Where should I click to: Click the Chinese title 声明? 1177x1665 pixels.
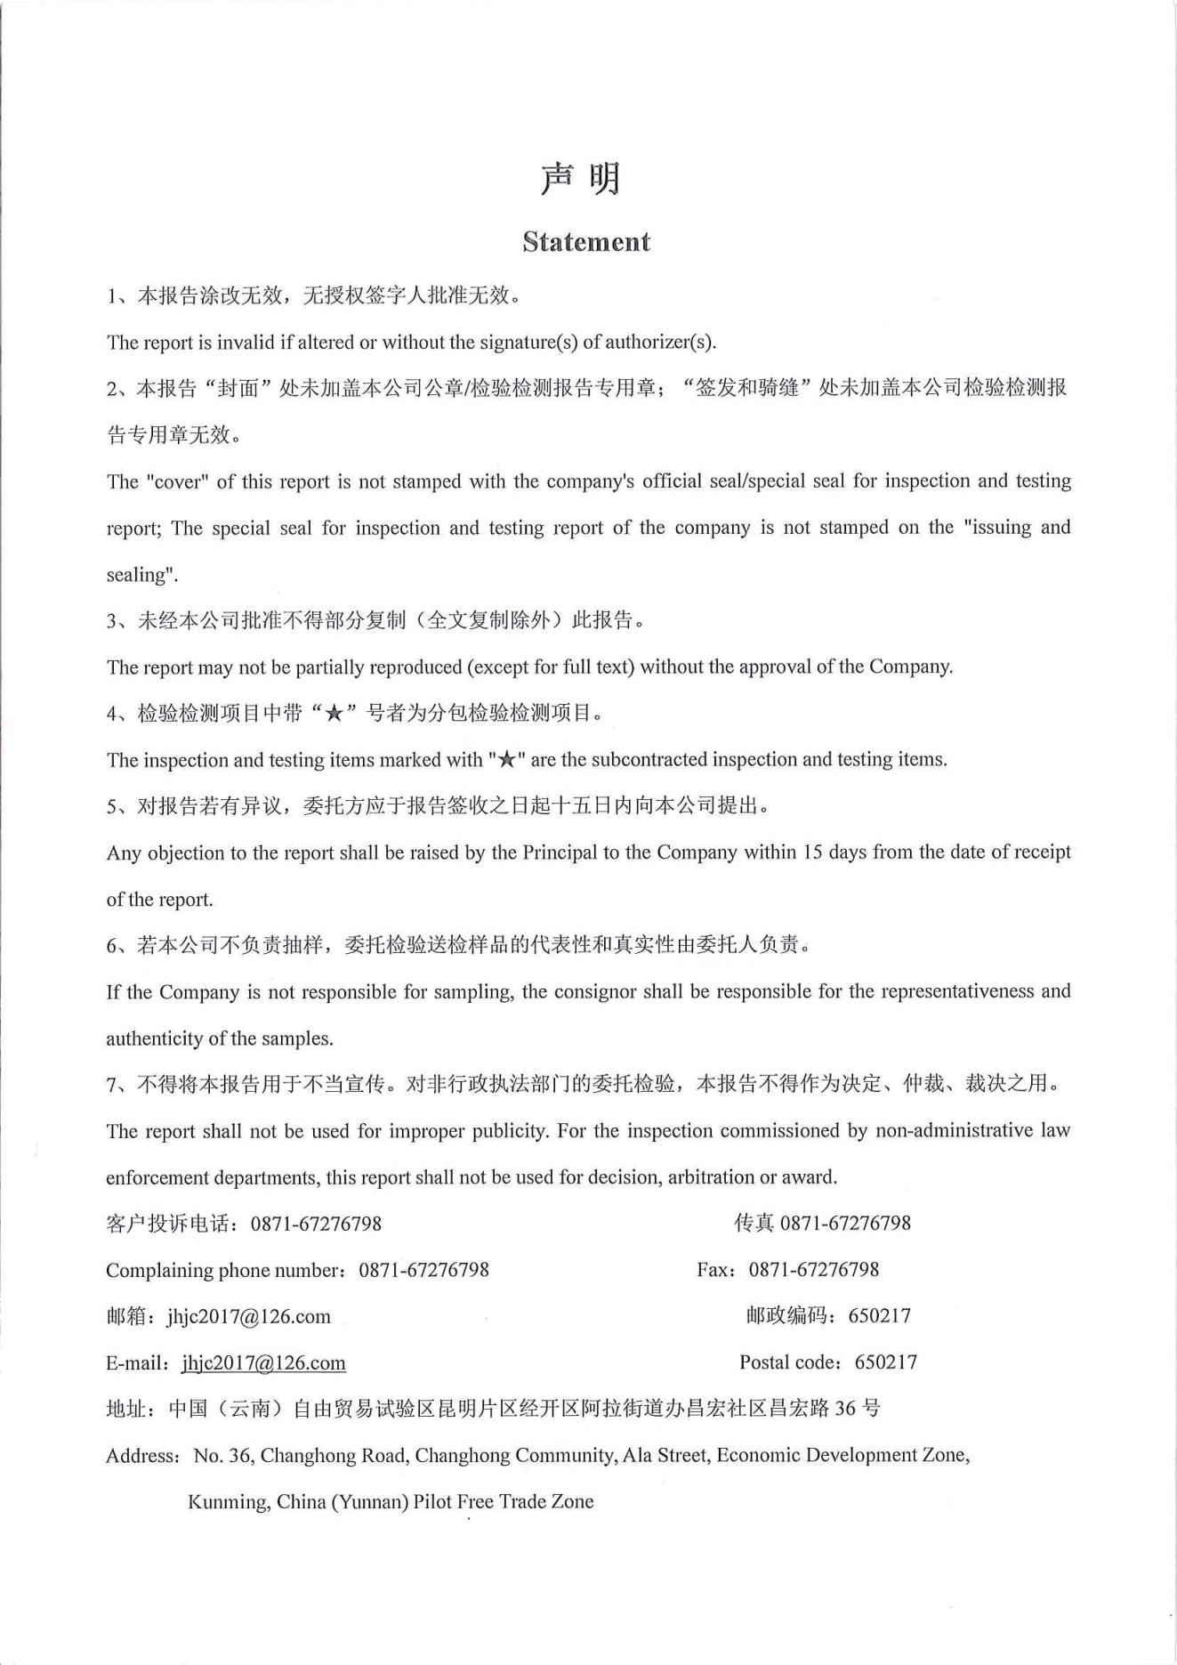580,179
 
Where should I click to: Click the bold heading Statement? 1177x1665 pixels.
586,242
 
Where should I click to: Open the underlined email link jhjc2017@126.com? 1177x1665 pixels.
263,1362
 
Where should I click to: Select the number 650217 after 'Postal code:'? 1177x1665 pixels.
885,1362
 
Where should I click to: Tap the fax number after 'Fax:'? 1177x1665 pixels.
813,1269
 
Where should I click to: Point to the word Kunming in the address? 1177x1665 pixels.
229,1501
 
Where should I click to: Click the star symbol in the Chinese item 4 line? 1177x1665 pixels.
334,714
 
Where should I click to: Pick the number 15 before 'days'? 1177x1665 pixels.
812,852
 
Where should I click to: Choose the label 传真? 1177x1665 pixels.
754,1223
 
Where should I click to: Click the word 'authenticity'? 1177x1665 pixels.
154,1038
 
